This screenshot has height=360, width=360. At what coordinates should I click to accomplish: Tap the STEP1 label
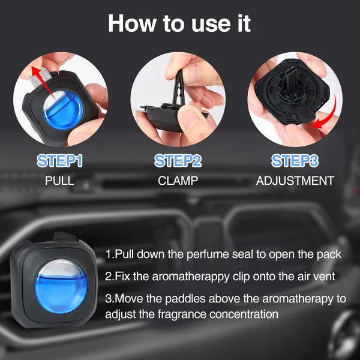59,161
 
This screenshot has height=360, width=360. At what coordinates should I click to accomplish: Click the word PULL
59,180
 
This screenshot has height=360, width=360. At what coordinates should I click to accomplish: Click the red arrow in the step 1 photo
46,80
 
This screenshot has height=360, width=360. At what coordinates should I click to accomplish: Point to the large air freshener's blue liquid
58,288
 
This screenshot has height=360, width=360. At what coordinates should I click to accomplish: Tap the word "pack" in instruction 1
329,254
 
